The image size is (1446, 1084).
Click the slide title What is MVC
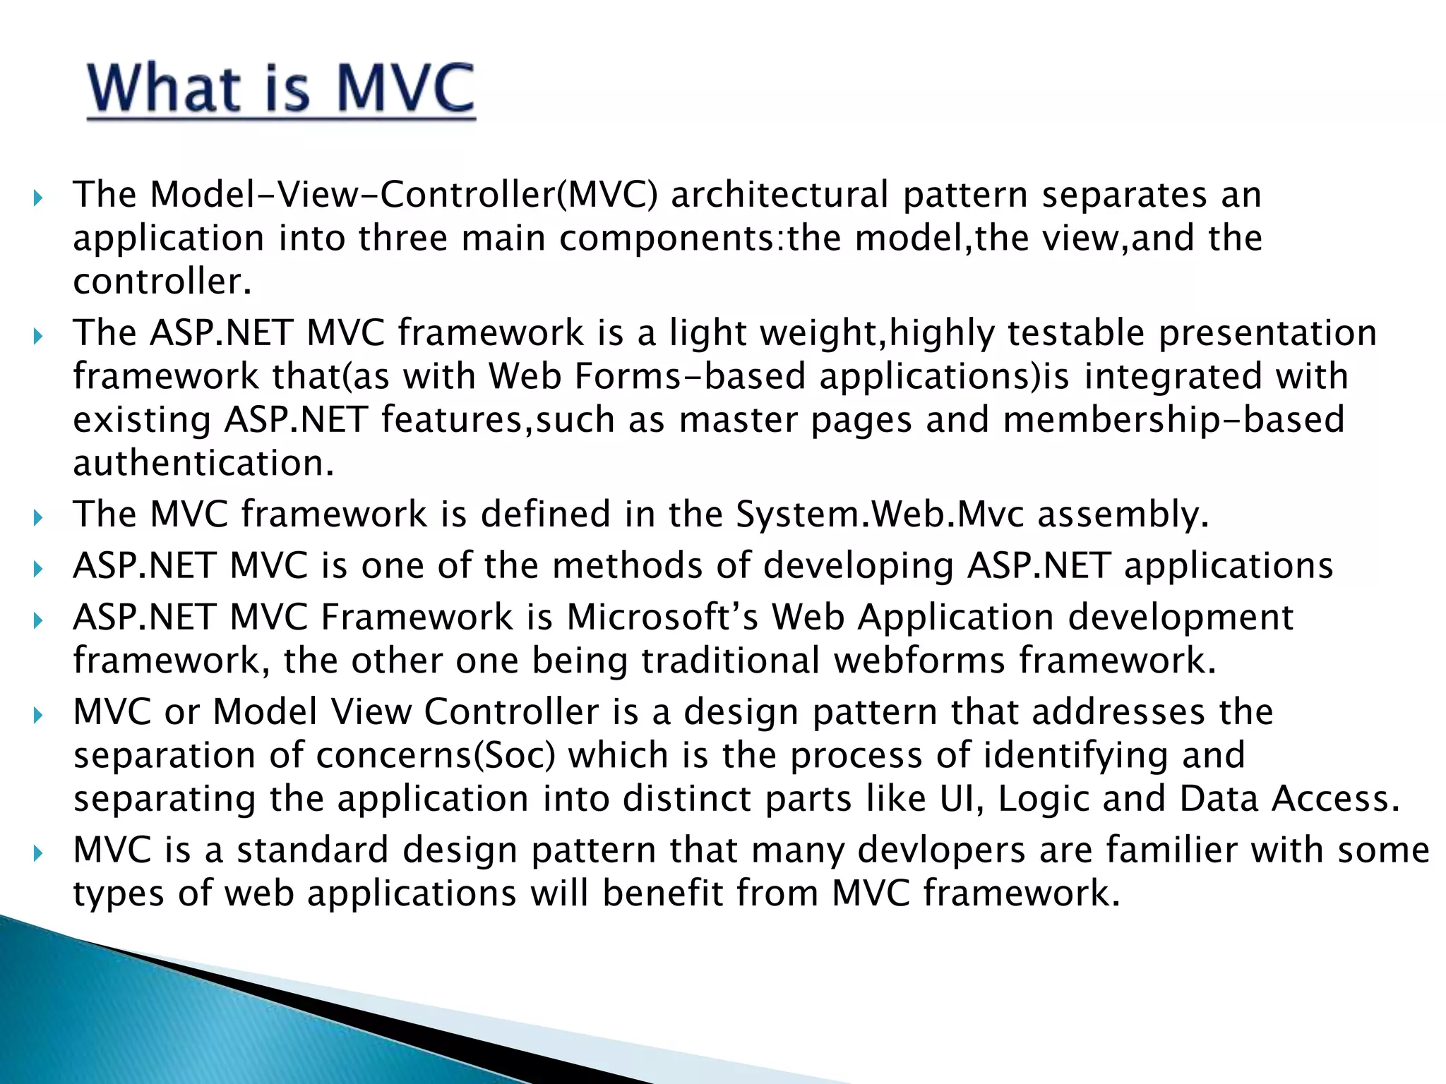coord(281,90)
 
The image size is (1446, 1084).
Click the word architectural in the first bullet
coord(779,195)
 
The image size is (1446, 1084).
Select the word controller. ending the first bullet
coord(162,282)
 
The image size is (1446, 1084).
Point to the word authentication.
coord(203,464)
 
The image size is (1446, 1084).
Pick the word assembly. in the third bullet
coord(1123,514)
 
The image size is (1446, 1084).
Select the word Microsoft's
coord(662,618)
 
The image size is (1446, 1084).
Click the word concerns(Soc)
coord(436,755)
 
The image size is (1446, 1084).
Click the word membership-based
coord(1173,420)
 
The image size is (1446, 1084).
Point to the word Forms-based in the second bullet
coord(690,376)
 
